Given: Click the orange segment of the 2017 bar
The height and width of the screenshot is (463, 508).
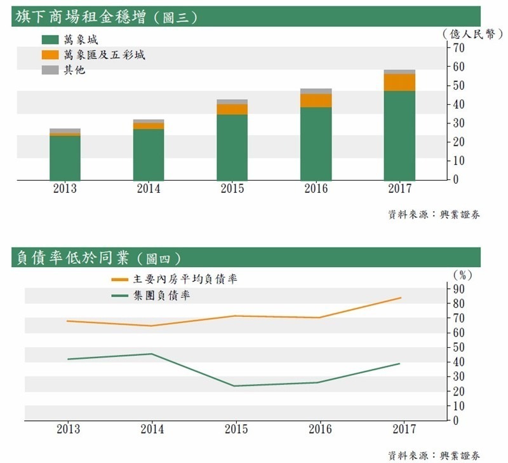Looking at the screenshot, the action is (399, 83).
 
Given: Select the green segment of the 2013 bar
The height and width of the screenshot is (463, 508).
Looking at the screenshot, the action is (65, 158).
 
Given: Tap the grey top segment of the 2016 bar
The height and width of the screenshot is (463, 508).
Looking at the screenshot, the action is (316, 91).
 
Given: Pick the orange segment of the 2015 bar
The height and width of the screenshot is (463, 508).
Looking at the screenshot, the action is (232, 109).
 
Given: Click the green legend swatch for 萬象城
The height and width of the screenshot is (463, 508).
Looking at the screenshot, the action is (50, 39).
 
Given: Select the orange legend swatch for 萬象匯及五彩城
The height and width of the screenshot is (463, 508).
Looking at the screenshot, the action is (50, 55).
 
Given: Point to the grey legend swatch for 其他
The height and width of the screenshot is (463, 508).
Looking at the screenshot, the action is (50, 70).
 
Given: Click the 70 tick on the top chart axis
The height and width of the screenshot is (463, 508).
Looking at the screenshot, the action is (458, 48).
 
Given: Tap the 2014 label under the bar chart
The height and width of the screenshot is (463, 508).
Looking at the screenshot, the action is (149, 188).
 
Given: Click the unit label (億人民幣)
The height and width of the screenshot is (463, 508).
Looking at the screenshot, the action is (472, 34).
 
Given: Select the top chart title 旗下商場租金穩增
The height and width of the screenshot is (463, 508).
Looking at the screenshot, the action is (81, 17).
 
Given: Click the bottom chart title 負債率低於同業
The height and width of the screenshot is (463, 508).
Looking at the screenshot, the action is (73, 258).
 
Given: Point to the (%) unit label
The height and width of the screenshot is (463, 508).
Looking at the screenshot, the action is (462, 275).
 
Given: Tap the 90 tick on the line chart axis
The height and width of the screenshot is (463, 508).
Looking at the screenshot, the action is (458, 289).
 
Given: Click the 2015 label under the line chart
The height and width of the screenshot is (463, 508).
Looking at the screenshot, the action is (236, 429).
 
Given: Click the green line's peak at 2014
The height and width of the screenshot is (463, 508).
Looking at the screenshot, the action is (152, 354).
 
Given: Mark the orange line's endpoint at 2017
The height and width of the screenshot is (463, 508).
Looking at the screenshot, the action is (401, 298).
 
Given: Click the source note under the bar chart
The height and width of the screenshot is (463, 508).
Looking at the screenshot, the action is (434, 214).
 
